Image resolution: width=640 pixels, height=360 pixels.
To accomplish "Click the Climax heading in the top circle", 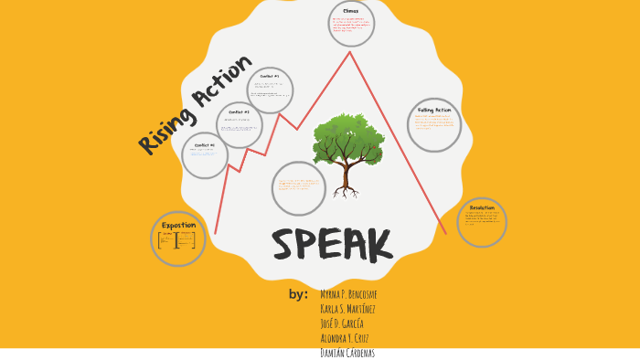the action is (351, 11).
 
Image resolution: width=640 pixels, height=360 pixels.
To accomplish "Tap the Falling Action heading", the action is (433, 110).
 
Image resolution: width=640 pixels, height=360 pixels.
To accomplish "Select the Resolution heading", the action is (482, 207).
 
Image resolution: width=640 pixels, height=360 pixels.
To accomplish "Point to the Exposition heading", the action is (178, 225).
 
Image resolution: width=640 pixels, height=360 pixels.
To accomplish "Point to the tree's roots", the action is (345, 193).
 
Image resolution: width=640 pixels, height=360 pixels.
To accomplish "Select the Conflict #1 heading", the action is (205, 144).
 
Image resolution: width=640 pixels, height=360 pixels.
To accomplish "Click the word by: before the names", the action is (298, 294).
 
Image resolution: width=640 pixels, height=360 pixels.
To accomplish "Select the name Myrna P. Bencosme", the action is (349, 294).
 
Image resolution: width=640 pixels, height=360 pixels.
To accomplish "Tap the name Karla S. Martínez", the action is (348, 309).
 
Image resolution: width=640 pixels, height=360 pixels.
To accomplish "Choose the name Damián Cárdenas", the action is (347, 353).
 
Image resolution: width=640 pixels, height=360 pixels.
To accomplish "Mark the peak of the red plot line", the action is (349, 52).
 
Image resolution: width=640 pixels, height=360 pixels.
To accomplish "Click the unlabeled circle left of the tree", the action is (299, 188).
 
